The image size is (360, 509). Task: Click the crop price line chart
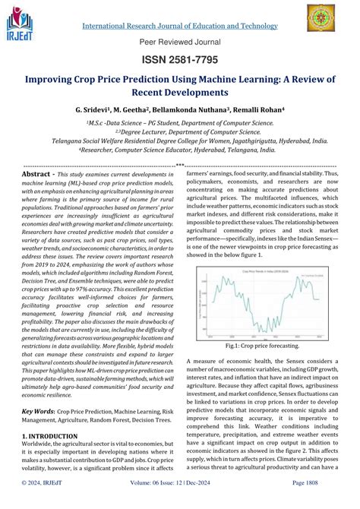pos(261,270)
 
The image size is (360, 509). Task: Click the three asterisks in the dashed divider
pos(179,165)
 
